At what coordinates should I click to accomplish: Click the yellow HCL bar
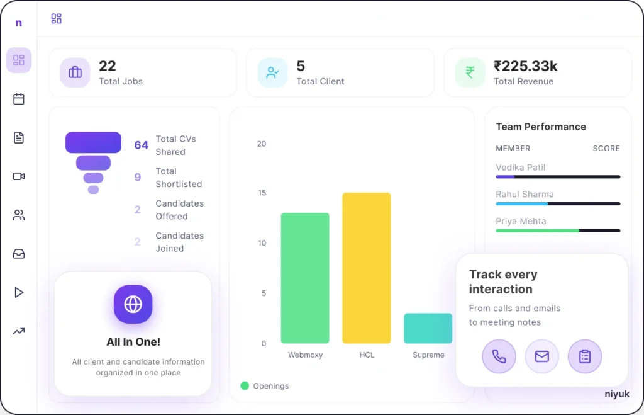click(x=366, y=268)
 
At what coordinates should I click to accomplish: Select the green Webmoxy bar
click(x=305, y=278)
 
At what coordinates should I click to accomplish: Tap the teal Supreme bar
click(x=428, y=328)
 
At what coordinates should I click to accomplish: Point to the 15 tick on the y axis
click(x=262, y=193)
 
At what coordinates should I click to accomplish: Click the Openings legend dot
click(x=245, y=385)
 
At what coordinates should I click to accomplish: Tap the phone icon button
click(x=499, y=356)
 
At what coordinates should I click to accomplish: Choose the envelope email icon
click(x=541, y=356)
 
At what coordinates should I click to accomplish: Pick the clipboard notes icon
click(x=585, y=356)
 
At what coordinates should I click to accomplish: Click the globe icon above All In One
click(x=133, y=304)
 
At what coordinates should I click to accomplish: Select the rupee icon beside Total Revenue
click(x=470, y=72)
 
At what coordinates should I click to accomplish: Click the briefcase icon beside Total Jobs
click(x=75, y=72)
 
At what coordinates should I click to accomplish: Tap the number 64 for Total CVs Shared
click(x=141, y=145)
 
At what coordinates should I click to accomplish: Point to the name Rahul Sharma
click(x=525, y=195)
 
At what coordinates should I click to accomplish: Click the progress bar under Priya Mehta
click(x=558, y=230)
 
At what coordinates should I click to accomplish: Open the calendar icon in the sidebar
click(x=19, y=99)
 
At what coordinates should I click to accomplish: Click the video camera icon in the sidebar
click(x=19, y=176)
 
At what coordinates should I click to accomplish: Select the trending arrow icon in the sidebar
click(x=19, y=331)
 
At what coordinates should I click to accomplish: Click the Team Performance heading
click(x=541, y=127)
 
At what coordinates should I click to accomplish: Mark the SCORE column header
click(x=606, y=149)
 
